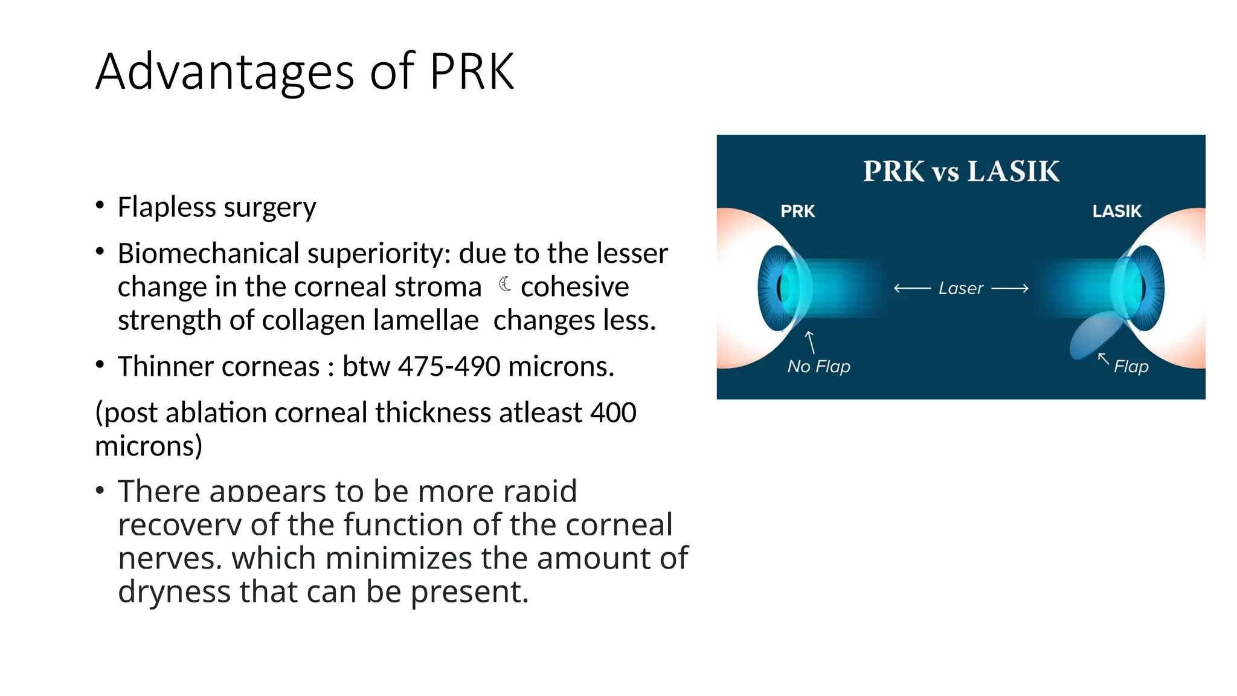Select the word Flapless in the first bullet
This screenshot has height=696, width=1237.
tap(167, 207)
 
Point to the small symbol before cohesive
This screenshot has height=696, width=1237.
tap(505, 284)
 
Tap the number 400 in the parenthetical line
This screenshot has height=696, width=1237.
tap(613, 413)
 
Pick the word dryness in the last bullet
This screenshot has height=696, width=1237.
tap(174, 591)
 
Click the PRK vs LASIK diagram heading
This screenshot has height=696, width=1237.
tap(961, 172)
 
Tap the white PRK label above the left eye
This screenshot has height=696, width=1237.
tap(797, 211)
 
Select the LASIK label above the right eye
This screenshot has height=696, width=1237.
tap(1117, 211)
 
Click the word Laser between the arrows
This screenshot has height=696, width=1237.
tap(961, 289)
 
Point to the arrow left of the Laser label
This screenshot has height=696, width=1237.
tap(912, 289)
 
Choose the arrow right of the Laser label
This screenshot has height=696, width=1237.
tap(1010, 289)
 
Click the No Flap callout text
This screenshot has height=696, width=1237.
tap(818, 366)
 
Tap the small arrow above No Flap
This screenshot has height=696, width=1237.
tap(811, 341)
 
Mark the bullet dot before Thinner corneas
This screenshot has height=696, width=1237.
tap(100, 364)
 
